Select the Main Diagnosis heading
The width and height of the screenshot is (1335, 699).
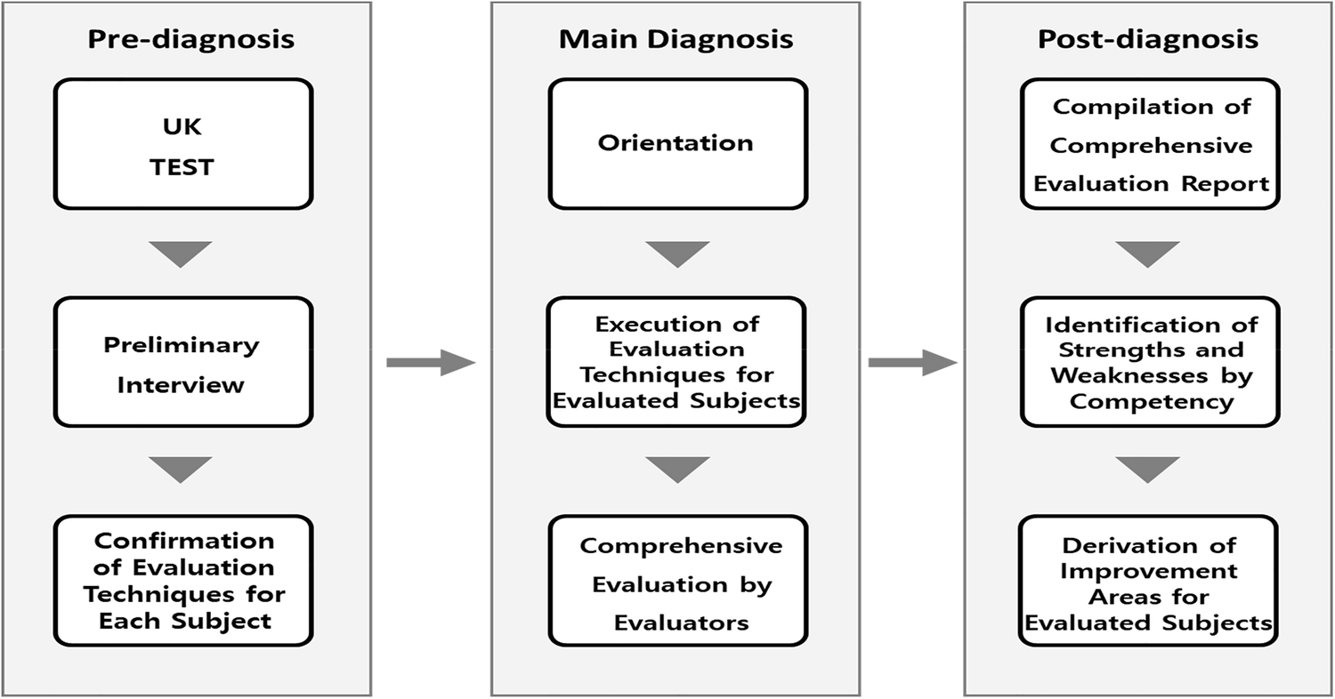676,39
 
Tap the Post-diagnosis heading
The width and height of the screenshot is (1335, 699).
1148,39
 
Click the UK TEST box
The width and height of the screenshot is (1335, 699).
183,144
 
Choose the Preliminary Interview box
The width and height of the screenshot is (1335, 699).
183,363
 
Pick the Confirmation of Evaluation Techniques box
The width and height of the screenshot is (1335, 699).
183,581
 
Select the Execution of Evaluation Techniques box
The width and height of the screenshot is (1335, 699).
677,363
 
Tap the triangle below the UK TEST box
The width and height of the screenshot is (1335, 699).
181,253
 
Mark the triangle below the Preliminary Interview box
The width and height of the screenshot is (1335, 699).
181,469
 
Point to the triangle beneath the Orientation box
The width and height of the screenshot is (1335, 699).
677,253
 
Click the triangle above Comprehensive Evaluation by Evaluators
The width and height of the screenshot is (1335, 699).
677,469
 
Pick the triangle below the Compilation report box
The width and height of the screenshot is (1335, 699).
1147,253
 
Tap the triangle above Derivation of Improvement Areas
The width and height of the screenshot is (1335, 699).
1147,469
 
